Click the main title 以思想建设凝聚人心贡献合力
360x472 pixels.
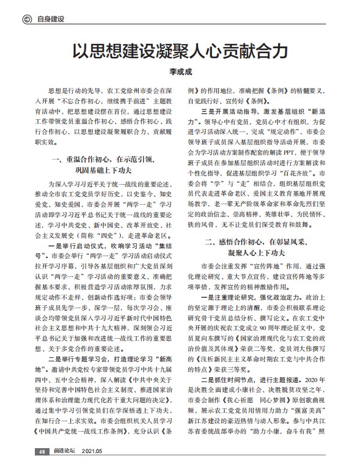click(x=180, y=50)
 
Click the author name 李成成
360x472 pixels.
click(x=180, y=72)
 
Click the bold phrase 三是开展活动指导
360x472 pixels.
click(x=227, y=112)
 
